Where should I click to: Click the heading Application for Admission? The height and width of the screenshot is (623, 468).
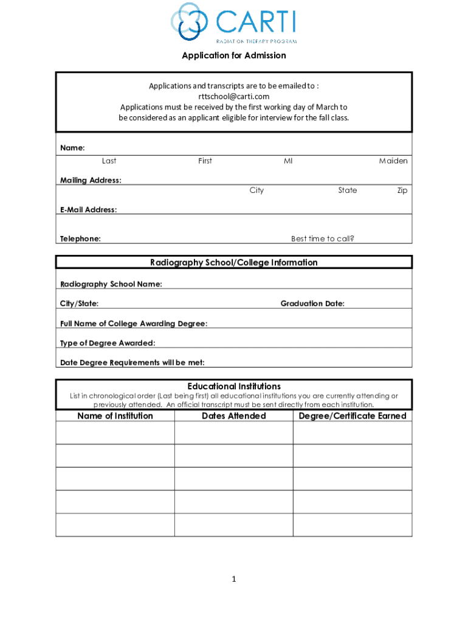pos(234,56)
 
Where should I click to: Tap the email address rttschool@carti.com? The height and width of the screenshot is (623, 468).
pos(234,96)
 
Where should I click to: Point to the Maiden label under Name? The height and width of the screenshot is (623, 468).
pos(393,161)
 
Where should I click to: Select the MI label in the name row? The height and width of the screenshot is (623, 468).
pos(288,161)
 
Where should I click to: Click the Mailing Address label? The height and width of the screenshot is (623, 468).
pos(91,180)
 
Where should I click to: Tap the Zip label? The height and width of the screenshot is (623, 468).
pos(402,190)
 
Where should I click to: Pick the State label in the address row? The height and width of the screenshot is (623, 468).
pos(348,190)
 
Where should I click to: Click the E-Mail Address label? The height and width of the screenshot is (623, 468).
pos(88,210)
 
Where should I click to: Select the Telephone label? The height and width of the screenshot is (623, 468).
pos(80,239)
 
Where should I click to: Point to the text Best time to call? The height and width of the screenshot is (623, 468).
pos(322,239)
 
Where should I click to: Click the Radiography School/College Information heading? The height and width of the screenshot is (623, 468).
pos(234,263)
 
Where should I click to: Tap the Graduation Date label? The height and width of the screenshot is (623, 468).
pos(312,304)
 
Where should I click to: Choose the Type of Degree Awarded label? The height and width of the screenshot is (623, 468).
pos(108,343)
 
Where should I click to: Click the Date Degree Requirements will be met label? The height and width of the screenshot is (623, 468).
pos(132,363)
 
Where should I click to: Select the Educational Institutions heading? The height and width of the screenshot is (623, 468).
pos(234,386)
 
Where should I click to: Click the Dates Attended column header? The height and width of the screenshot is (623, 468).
pos(234,416)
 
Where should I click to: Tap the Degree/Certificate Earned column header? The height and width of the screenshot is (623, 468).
pos(353,416)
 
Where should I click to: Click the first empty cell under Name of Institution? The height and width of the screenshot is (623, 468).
pos(115,433)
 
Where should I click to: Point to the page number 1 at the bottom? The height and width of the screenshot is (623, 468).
pos(233,579)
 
